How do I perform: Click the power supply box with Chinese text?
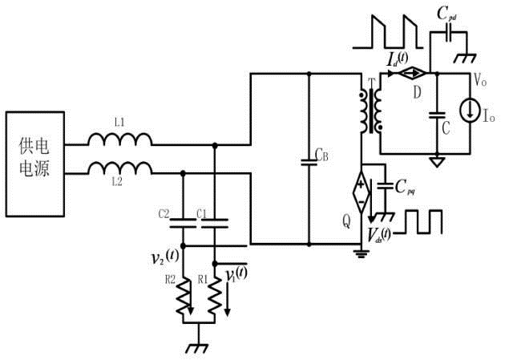(35, 164)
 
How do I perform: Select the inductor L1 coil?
(120, 139)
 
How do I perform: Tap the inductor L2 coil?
(120, 168)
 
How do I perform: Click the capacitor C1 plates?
(215, 223)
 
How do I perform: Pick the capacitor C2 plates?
(183, 223)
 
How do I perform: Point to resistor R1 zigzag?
(215, 296)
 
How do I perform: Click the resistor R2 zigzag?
(184, 296)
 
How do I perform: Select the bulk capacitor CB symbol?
(309, 162)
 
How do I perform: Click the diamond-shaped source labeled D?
(411, 73)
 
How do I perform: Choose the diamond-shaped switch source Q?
(362, 192)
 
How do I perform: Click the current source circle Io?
(471, 111)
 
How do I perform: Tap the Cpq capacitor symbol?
(385, 186)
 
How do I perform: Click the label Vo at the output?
(480, 80)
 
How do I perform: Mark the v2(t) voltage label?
(165, 257)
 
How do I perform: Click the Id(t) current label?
(398, 59)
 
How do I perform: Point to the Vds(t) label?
(379, 235)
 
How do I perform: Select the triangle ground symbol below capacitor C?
(437, 162)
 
